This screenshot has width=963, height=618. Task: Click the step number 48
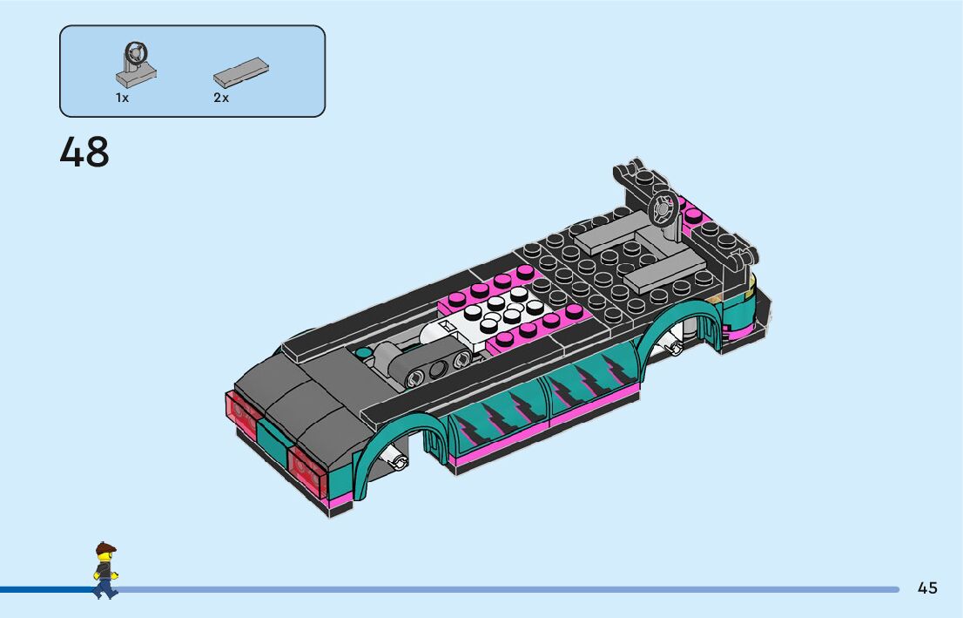pyautogui.click(x=84, y=152)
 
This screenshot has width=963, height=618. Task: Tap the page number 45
pyautogui.click(x=927, y=587)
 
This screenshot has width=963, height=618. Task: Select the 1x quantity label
pyautogui.click(x=122, y=97)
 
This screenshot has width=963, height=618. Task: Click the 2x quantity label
pyautogui.click(x=221, y=97)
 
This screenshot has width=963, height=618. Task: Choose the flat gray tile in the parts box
pyautogui.click(x=241, y=72)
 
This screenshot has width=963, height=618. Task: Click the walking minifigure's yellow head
pyautogui.click(x=105, y=556)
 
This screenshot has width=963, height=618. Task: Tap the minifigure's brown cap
pyautogui.click(x=105, y=547)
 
